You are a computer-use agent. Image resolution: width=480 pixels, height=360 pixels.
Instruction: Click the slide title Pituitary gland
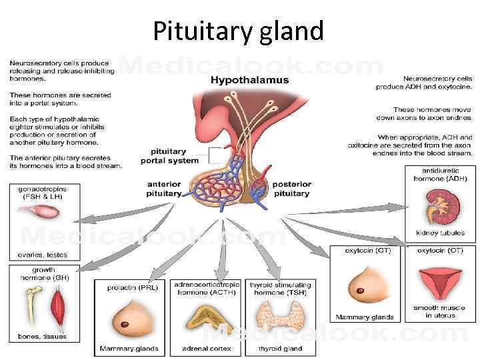[238, 31]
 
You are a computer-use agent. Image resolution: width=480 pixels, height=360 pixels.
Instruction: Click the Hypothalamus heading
[249, 80]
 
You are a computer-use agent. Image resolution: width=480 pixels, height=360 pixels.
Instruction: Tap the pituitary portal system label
[169, 156]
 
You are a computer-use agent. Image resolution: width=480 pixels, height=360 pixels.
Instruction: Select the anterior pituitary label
[164, 189]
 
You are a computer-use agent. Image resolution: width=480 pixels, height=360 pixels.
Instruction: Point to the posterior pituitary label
[291, 189]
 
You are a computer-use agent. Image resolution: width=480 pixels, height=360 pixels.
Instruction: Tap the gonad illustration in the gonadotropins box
[38, 212]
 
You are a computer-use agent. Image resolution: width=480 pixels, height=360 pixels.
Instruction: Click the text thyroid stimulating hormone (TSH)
[280, 289]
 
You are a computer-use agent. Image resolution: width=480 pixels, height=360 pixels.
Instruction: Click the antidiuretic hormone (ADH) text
[440, 175]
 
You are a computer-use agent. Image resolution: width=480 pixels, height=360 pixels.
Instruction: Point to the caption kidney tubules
[440, 233]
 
